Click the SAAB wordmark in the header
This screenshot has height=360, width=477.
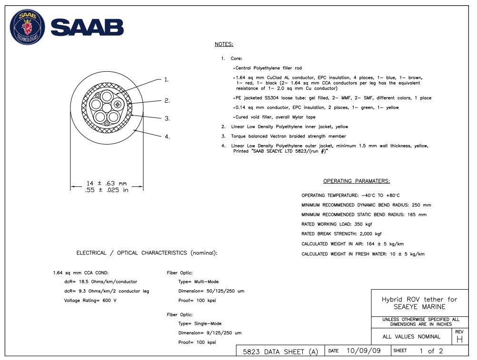87,28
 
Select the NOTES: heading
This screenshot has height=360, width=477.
224,44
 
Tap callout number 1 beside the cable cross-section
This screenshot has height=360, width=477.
167,80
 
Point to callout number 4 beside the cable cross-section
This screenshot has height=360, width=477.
167,137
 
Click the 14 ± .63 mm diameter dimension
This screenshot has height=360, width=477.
107,183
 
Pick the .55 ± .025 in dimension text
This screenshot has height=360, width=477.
107,190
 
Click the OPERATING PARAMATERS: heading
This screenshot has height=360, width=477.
357,181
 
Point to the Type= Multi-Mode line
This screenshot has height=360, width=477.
199,282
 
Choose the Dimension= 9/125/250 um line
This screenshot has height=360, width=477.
210,333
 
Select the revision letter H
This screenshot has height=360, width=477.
459,340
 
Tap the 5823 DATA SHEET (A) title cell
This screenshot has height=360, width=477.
280,351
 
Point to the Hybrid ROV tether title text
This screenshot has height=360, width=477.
419,303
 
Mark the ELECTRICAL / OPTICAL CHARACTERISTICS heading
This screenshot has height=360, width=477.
147,253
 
